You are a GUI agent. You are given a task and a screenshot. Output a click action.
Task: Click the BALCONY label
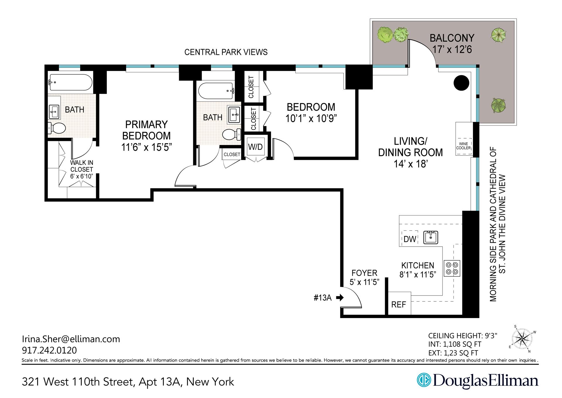tap(452, 38)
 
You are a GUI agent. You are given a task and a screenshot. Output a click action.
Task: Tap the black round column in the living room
tap(461, 83)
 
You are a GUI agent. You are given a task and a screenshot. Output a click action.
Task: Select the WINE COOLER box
tap(463, 146)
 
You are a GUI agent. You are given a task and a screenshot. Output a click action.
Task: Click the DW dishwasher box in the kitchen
tap(409, 239)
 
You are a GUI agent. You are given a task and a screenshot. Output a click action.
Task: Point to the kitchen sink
tap(431, 237)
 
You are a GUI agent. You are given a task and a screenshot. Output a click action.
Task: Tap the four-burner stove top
tap(452, 268)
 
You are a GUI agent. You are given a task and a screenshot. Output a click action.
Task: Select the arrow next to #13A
tap(340, 298)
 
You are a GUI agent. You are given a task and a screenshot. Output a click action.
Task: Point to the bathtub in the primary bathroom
tap(70, 82)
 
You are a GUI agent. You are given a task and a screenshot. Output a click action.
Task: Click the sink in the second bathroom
tap(234, 115)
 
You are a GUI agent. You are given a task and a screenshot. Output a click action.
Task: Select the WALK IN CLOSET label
tap(82, 166)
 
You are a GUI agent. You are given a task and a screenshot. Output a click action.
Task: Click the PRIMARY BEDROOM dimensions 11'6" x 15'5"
tap(146, 147)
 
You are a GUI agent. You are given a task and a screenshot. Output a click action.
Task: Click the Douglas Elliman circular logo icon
tap(423, 380)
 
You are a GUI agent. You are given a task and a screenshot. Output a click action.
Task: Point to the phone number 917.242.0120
tap(49, 350)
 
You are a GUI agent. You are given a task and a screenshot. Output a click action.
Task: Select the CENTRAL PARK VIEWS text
tap(226, 52)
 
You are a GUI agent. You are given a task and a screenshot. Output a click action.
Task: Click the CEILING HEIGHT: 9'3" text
tap(462, 336)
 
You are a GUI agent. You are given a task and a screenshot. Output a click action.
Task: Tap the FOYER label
tap(364, 273)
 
